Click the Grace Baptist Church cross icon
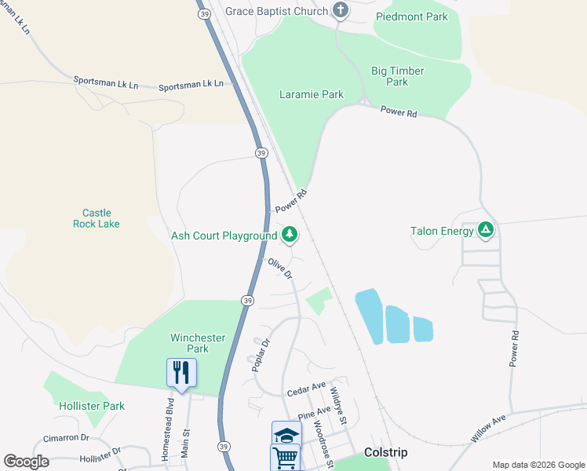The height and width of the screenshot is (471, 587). click(x=341, y=11)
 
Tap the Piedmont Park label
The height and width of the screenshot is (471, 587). click(x=411, y=16)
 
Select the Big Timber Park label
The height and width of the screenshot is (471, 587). click(x=397, y=76)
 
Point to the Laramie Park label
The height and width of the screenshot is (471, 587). click(x=312, y=95)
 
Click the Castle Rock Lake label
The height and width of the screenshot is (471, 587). click(x=97, y=218)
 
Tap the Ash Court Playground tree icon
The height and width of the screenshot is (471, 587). click(x=290, y=235)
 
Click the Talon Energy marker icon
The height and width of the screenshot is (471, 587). click(x=486, y=231)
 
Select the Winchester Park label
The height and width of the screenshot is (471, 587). click(x=198, y=343)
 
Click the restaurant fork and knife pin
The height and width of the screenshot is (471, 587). click(x=181, y=372)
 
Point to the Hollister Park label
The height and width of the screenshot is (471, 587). click(x=92, y=406)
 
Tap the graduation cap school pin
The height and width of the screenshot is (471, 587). click(x=286, y=434)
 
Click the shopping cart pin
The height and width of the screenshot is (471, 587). click(x=285, y=456)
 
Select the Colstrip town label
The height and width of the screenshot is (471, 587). click(x=385, y=453)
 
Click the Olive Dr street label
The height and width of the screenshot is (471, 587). click(x=280, y=269)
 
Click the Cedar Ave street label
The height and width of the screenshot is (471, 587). click(x=306, y=388)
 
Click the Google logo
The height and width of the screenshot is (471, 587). click(x=26, y=461)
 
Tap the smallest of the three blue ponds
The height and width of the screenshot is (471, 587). click(x=422, y=330)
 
